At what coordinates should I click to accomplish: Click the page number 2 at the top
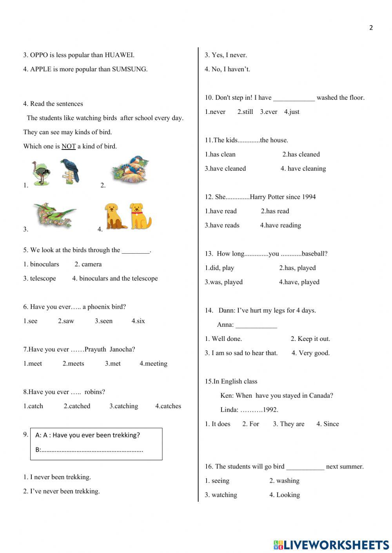pyautogui.click(x=371, y=27)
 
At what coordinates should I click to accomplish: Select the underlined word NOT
pyautogui.click(x=69, y=146)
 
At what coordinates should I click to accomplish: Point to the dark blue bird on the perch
pyautogui.click(x=70, y=171)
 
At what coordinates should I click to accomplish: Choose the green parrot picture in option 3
pyautogui.click(x=55, y=215)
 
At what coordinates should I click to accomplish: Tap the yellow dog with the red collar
pyautogui.click(x=140, y=216)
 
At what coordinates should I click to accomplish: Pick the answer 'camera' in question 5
pyautogui.click(x=91, y=264)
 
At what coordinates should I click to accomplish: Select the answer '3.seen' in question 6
pyautogui.click(x=103, y=321)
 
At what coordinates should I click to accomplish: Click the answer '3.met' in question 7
pyautogui.click(x=113, y=364)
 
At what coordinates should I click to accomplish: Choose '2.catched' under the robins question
pyautogui.click(x=77, y=406)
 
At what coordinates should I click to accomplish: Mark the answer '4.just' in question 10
pyautogui.click(x=292, y=112)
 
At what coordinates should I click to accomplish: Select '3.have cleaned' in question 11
pyautogui.click(x=225, y=169)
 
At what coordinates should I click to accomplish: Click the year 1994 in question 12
pyautogui.click(x=308, y=197)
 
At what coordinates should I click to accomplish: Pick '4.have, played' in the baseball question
pyautogui.click(x=299, y=282)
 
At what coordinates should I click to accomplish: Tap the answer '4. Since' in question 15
pyautogui.click(x=328, y=424)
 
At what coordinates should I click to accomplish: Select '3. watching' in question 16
pyautogui.click(x=221, y=495)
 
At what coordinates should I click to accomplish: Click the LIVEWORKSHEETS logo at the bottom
pyautogui.click(x=331, y=544)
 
